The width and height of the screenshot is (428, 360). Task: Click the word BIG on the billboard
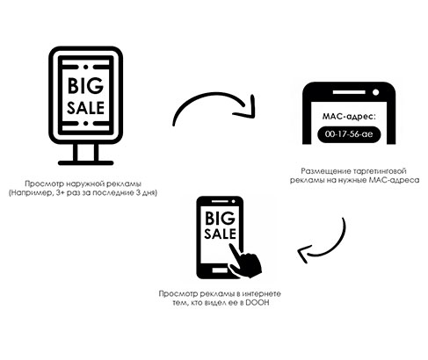(x=85, y=86)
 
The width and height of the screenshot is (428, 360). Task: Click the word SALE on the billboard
(x=85, y=108)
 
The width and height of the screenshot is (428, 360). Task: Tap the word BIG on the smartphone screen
(x=220, y=219)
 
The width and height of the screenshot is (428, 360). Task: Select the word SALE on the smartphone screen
(x=220, y=234)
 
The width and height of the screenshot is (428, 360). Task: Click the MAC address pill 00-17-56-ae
(x=349, y=134)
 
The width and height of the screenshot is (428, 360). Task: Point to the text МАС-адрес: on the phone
(x=349, y=117)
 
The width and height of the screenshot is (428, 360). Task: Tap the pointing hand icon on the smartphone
(x=246, y=262)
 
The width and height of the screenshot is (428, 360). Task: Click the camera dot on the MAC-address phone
(x=375, y=92)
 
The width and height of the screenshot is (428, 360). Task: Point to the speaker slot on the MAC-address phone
(x=349, y=92)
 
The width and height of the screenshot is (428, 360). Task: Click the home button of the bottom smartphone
(x=220, y=270)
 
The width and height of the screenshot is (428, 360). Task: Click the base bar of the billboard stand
(x=85, y=162)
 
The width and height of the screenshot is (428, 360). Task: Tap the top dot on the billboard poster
(x=85, y=67)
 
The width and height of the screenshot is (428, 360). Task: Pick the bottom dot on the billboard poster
(x=85, y=124)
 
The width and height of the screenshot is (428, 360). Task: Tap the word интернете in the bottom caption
(x=263, y=293)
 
